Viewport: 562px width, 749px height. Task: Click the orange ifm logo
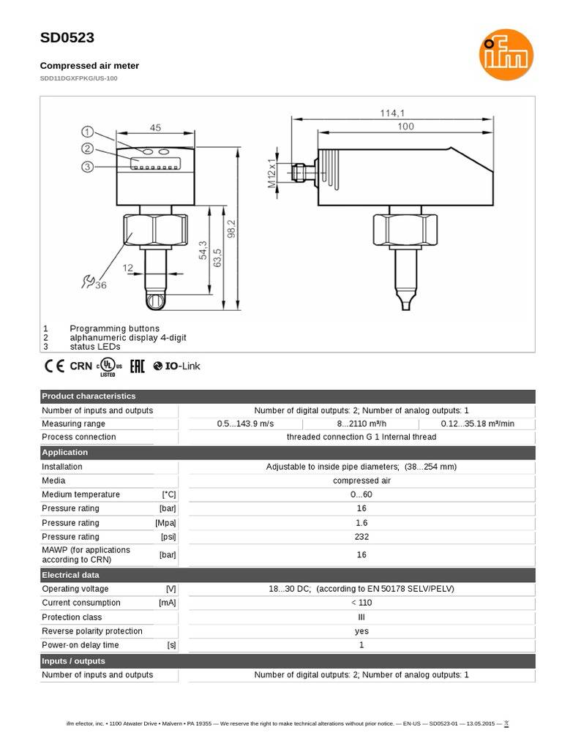pyautogui.click(x=506, y=61)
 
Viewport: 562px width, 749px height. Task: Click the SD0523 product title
pyautogui.click(x=67, y=38)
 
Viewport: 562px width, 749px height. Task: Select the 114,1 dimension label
pyautogui.click(x=391, y=113)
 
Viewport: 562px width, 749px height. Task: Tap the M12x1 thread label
pyautogui.click(x=271, y=173)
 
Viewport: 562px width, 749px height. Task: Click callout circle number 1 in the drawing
pyautogui.click(x=88, y=132)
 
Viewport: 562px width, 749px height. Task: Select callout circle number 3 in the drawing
pyautogui.click(x=88, y=167)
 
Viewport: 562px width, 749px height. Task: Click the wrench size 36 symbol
pyautogui.click(x=94, y=282)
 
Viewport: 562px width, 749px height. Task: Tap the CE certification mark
pyautogui.click(x=55, y=366)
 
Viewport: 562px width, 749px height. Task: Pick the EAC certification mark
pyautogui.click(x=138, y=366)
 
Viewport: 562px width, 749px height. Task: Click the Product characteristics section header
pyautogui.click(x=89, y=396)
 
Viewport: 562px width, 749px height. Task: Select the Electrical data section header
pyautogui.click(x=70, y=575)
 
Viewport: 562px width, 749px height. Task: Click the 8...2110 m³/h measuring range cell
pyautogui.click(x=361, y=424)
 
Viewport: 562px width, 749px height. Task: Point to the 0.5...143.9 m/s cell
pyautogui.click(x=245, y=424)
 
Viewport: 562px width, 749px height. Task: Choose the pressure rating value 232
pyautogui.click(x=361, y=537)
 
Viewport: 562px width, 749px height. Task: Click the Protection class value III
pyautogui.click(x=361, y=617)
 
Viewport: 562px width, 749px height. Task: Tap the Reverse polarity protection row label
pyautogui.click(x=92, y=631)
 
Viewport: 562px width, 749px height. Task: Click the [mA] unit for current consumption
pyautogui.click(x=167, y=603)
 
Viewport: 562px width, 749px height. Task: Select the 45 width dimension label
pyautogui.click(x=155, y=127)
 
